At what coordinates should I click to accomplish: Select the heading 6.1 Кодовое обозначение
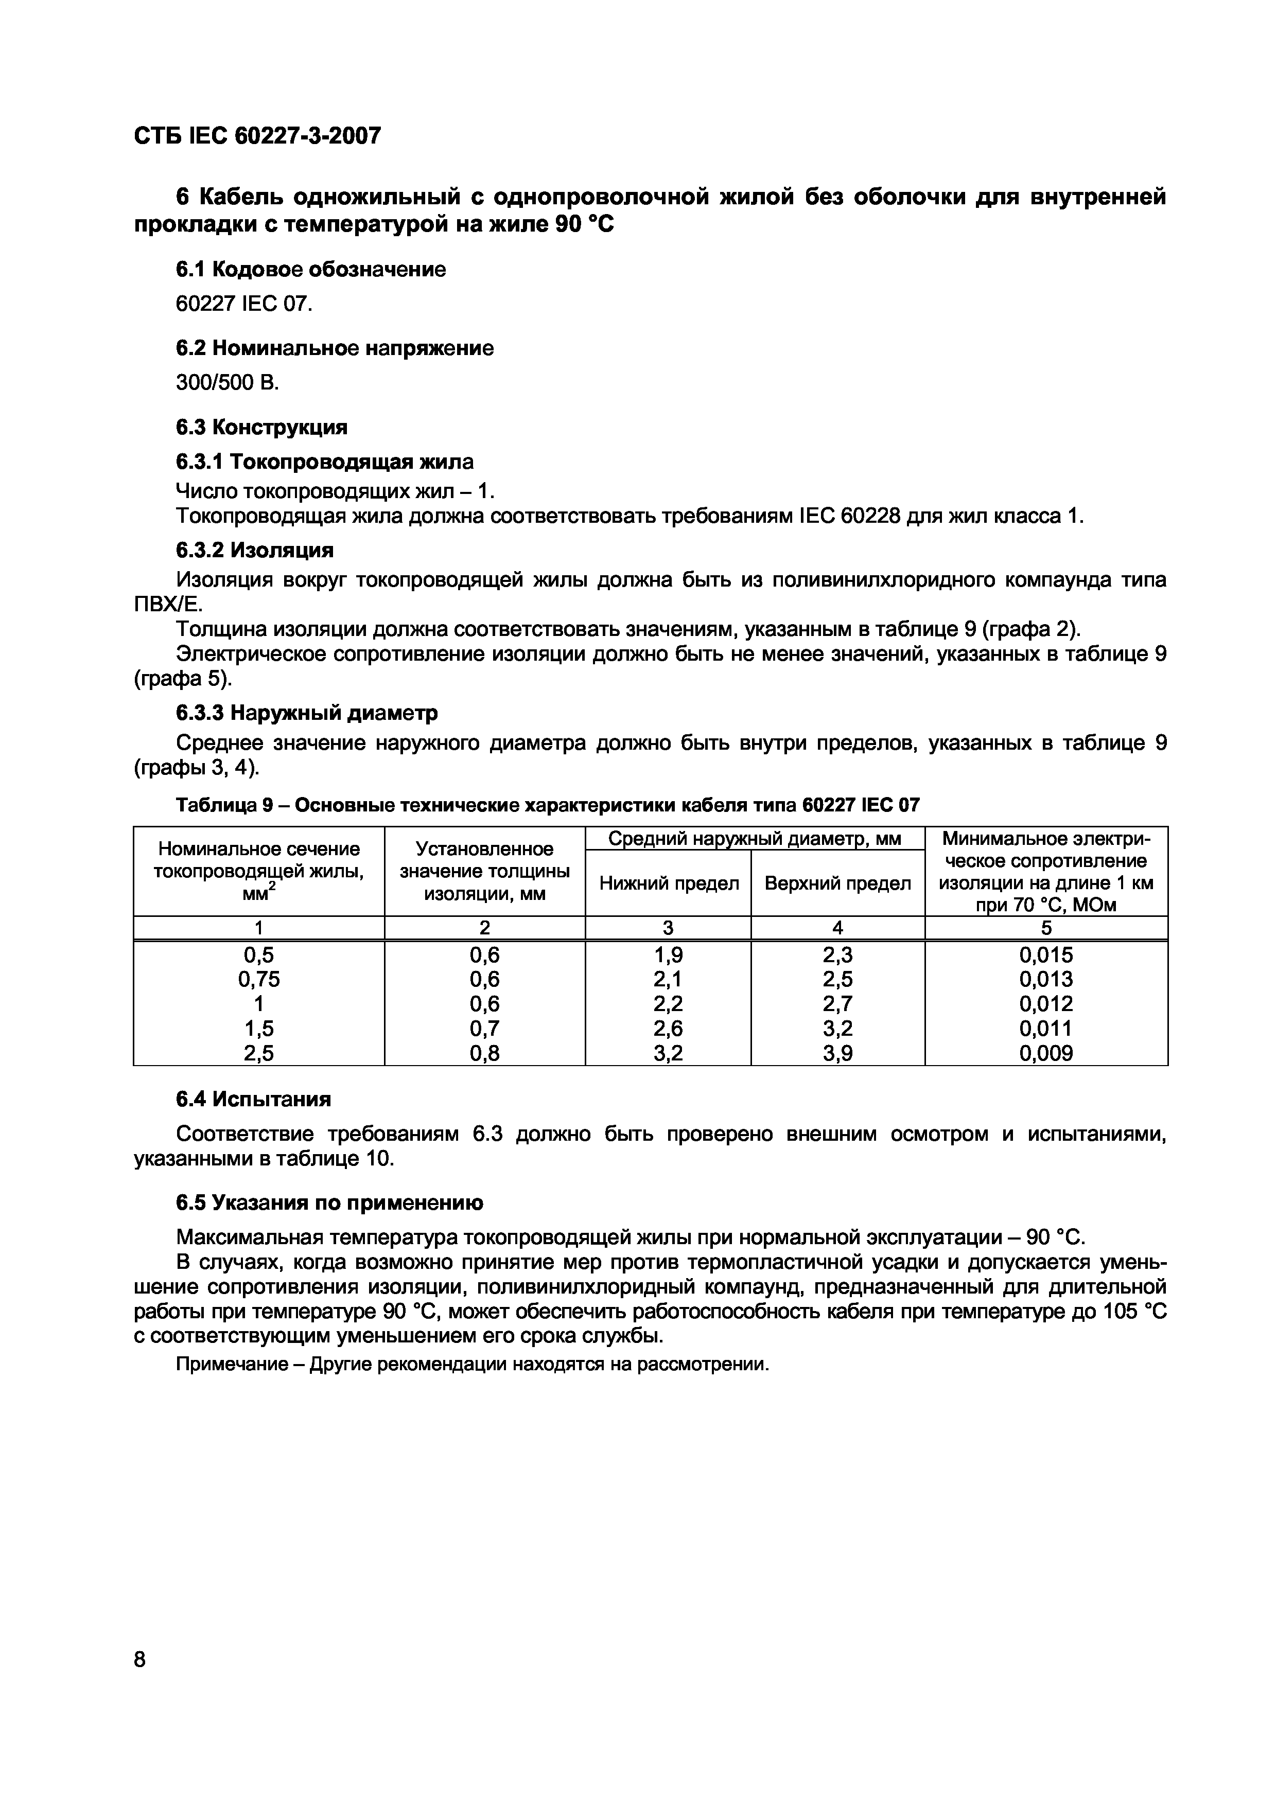(310, 270)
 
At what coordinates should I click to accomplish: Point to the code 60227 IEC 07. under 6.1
(243, 304)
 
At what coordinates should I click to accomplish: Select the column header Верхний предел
(837, 883)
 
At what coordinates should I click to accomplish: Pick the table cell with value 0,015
(1045, 954)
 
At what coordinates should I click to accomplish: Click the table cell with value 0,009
(1045, 1053)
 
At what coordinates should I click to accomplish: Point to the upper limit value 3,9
(837, 1053)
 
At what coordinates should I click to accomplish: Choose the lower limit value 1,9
(668, 954)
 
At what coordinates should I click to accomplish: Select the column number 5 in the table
(1045, 928)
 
